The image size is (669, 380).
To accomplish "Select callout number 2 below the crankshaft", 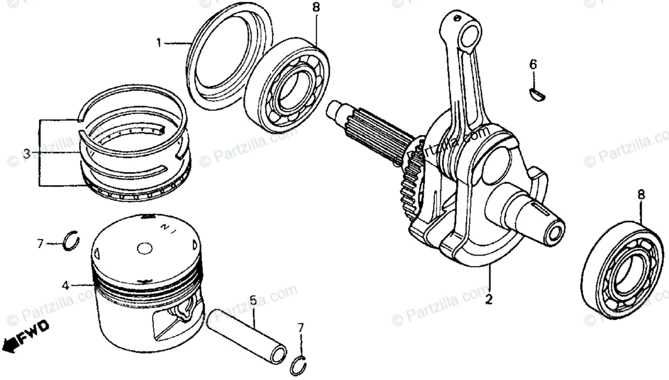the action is pos(488,299).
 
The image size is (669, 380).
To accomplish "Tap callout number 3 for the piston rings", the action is pos(26,152).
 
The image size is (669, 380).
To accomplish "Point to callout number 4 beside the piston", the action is pos(66,286).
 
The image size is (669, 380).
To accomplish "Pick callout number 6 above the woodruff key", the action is pos(533,65).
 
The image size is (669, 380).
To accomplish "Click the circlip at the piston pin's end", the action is pos(299,365).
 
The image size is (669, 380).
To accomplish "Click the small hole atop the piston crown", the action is pos(144,249).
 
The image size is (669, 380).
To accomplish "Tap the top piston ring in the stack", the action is pos(134,103).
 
